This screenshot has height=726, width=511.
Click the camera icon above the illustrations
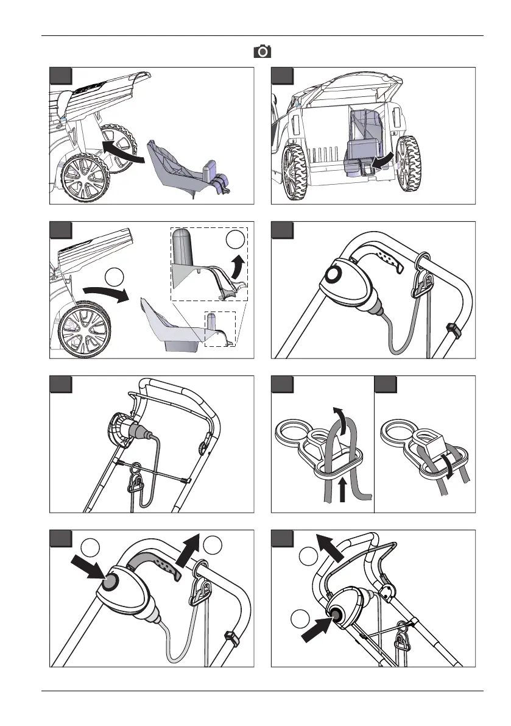tap(263, 51)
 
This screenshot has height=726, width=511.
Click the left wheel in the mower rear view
tap(297, 168)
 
